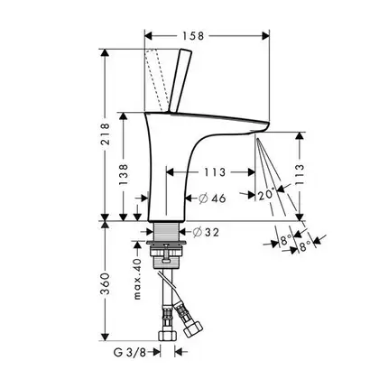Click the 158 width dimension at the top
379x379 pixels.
tap(193, 36)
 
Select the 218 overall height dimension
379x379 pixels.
tap(105, 134)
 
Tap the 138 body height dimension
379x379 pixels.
tap(124, 174)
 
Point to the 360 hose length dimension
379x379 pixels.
tap(105, 283)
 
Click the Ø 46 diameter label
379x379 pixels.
tap(212, 199)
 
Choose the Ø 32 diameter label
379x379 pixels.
tap(206, 232)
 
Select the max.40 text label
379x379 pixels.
tap(137, 279)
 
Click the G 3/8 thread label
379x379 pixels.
tap(130, 352)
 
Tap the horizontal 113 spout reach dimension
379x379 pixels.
tap(215, 172)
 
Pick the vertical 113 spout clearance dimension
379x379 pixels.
tap(300, 175)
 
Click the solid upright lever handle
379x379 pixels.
tap(180, 80)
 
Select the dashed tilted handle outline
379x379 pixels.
tap(157, 80)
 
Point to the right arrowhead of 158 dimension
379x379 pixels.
tap(265, 36)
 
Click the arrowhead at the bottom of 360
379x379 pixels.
tap(105, 337)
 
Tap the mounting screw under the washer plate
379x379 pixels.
tap(166, 252)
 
